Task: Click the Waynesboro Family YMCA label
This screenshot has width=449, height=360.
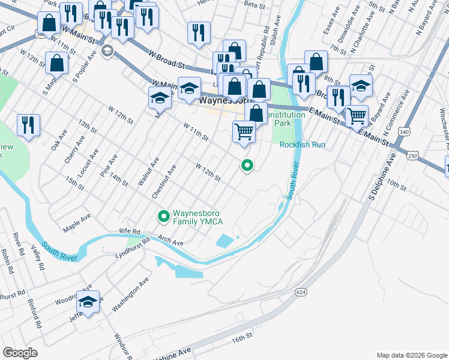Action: coord(198,217)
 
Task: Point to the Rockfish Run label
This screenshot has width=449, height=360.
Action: coord(302,145)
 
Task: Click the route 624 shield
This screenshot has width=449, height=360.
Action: coord(301,291)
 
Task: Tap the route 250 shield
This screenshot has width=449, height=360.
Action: coord(412,155)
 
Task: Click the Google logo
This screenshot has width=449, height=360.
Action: coord(20,353)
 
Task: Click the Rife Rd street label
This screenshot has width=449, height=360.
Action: coord(129,232)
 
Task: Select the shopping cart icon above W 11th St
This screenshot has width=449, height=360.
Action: coord(244,131)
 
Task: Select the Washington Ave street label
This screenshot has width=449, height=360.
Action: coord(130,295)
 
